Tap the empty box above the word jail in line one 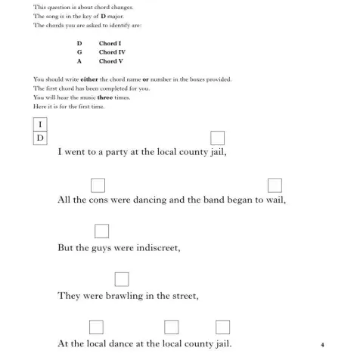click(x=218, y=138)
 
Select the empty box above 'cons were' click(x=98, y=184)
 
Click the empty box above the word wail click(x=275, y=184)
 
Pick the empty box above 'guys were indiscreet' click(x=103, y=231)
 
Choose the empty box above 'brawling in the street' click(x=121, y=279)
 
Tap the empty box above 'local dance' click(x=96, y=327)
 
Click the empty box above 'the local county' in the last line click(x=172, y=327)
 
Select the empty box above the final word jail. click(x=222, y=327)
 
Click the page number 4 click(x=322, y=345)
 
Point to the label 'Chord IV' click(x=112, y=52)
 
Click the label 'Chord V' click(x=110, y=61)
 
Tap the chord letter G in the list click(x=79, y=52)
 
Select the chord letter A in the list click(x=79, y=61)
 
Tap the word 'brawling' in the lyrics click(x=124, y=296)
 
